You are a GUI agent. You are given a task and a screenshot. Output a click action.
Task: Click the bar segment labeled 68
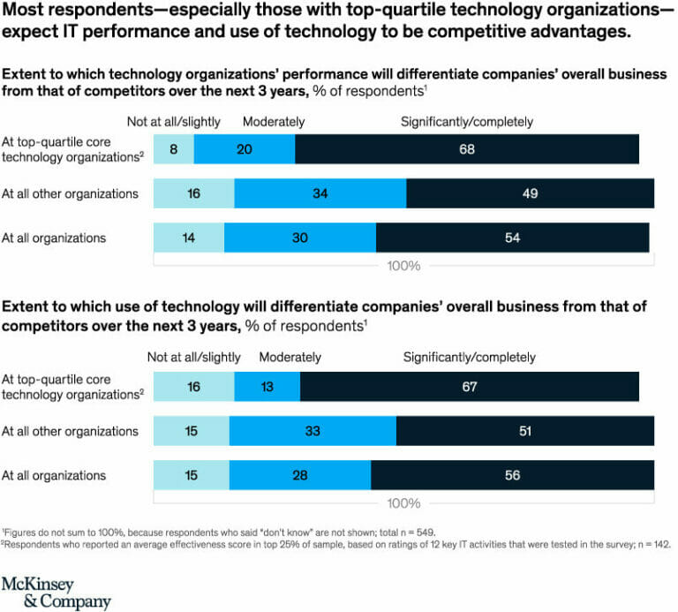click(x=467, y=149)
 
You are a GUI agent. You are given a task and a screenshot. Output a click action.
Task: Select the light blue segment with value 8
click(x=174, y=149)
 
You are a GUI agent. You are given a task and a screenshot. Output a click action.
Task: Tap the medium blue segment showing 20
click(x=245, y=149)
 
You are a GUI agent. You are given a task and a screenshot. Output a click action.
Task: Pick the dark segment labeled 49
click(x=530, y=193)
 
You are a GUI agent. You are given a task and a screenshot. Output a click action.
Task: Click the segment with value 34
click(x=320, y=193)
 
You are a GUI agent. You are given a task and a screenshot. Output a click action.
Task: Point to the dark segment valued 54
click(x=512, y=238)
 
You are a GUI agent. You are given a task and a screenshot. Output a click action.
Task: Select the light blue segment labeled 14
click(x=189, y=238)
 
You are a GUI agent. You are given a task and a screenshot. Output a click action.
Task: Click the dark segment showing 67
click(x=469, y=387)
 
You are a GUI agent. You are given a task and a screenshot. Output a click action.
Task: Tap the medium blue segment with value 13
click(x=267, y=387)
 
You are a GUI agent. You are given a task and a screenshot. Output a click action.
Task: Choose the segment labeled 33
click(x=313, y=431)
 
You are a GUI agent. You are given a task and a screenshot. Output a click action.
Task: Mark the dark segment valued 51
click(x=524, y=431)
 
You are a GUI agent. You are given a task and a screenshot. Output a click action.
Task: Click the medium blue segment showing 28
click(x=300, y=475)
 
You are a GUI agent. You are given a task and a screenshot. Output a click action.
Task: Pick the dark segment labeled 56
click(x=512, y=475)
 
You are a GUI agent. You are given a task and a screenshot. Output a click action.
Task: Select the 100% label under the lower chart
click(x=403, y=503)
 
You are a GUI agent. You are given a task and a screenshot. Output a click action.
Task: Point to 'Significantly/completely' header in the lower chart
click(x=470, y=358)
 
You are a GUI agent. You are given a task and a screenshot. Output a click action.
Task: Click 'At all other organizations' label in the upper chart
click(x=70, y=193)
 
